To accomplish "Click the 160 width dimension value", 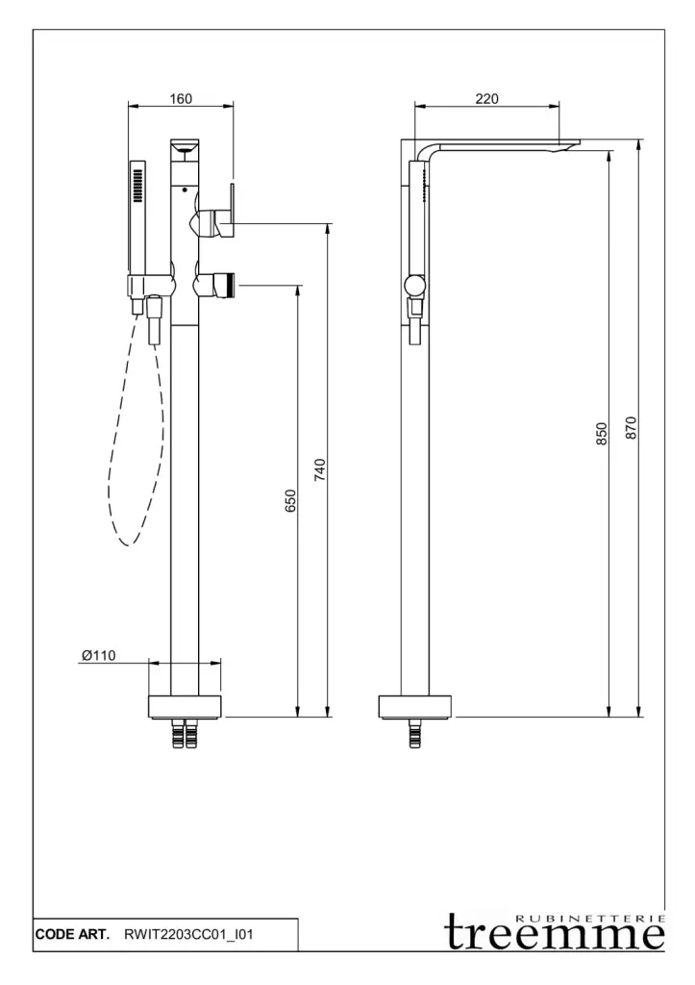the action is [x=181, y=99].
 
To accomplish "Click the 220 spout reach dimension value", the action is [x=486, y=99].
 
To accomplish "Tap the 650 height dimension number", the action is [x=289, y=500].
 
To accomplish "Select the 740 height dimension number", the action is [x=319, y=470].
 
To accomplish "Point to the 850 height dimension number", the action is [x=602, y=434].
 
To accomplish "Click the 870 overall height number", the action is [x=631, y=428].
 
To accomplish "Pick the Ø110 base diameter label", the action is [x=99, y=655].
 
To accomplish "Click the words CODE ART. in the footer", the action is [x=72, y=934].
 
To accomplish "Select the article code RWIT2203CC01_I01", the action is [x=188, y=934].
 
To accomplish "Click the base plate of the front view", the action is [x=186, y=706].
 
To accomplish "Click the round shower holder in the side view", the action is [x=414, y=287].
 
